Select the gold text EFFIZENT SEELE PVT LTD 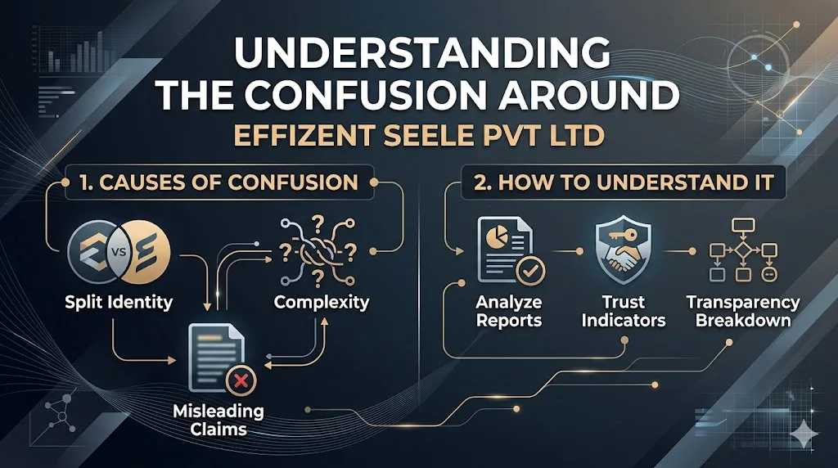[x=420, y=136]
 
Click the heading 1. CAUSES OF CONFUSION [x=219, y=182]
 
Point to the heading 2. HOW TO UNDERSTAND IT [x=624, y=182]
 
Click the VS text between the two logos [x=119, y=250]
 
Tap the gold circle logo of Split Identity [x=143, y=251]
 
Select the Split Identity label [x=119, y=303]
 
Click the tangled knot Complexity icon [x=318, y=251]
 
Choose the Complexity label [x=322, y=303]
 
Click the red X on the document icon [x=241, y=380]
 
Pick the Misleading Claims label [x=219, y=420]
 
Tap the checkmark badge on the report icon [x=530, y=271]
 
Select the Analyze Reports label [x=509, y=311]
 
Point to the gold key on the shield [x=622, y=234]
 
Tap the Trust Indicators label [x=624, y=311]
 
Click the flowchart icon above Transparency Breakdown [x=743, y=250]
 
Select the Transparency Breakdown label [x=743, y=311]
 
